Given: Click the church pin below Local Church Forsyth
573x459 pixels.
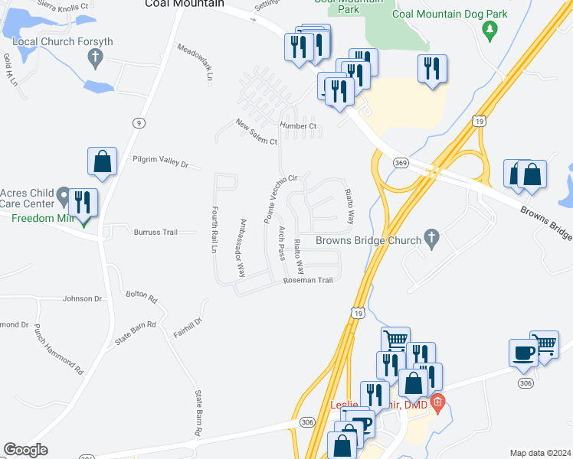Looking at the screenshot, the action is [x=95, y=57].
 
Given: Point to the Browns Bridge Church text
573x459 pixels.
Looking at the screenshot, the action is [x=369, y=240].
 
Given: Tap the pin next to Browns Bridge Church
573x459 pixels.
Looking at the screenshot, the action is [x=431, y=239].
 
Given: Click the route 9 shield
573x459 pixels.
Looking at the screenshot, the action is [x=138, y=122].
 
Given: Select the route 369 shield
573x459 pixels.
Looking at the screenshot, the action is [x=401, y=163].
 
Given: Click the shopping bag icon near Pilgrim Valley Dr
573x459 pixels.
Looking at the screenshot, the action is [x=102, y=161].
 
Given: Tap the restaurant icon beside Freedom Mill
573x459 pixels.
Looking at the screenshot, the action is [x=82, y=203].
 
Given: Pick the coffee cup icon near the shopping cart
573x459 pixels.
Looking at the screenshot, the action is [x=524, y=353].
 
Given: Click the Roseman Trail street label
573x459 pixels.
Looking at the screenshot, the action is [x=308, y=280].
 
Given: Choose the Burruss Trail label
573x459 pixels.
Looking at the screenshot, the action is [x=156, y=232].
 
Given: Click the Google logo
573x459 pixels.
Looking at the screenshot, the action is [x=25, y=450].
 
